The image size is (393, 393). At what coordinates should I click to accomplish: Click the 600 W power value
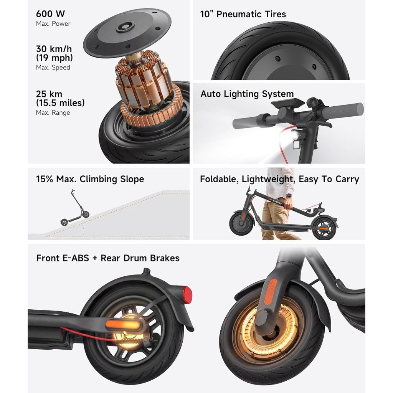pos(50,14)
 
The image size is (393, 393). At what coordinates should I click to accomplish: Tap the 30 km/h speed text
pos(54,49)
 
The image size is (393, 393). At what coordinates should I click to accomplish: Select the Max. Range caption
pos(53,112)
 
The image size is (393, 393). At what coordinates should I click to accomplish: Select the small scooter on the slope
pos(75,208)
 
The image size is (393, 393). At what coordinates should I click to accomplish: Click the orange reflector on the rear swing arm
pos(124,324)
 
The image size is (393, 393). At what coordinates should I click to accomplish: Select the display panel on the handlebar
pos(288,103)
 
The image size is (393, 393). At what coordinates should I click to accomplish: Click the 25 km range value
pos(49,94)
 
